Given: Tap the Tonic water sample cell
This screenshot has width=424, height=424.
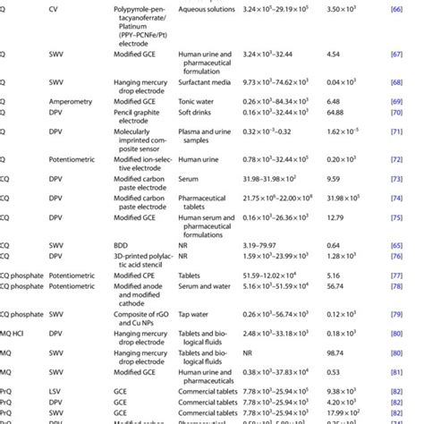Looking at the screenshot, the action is point(197,101).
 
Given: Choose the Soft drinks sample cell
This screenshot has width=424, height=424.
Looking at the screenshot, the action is point(197,114).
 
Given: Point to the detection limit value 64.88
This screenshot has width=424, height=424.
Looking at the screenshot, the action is point(339,114).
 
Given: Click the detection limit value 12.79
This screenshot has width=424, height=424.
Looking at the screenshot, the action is point(337,217).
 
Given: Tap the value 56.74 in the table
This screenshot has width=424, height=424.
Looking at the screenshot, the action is point(337,286).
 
